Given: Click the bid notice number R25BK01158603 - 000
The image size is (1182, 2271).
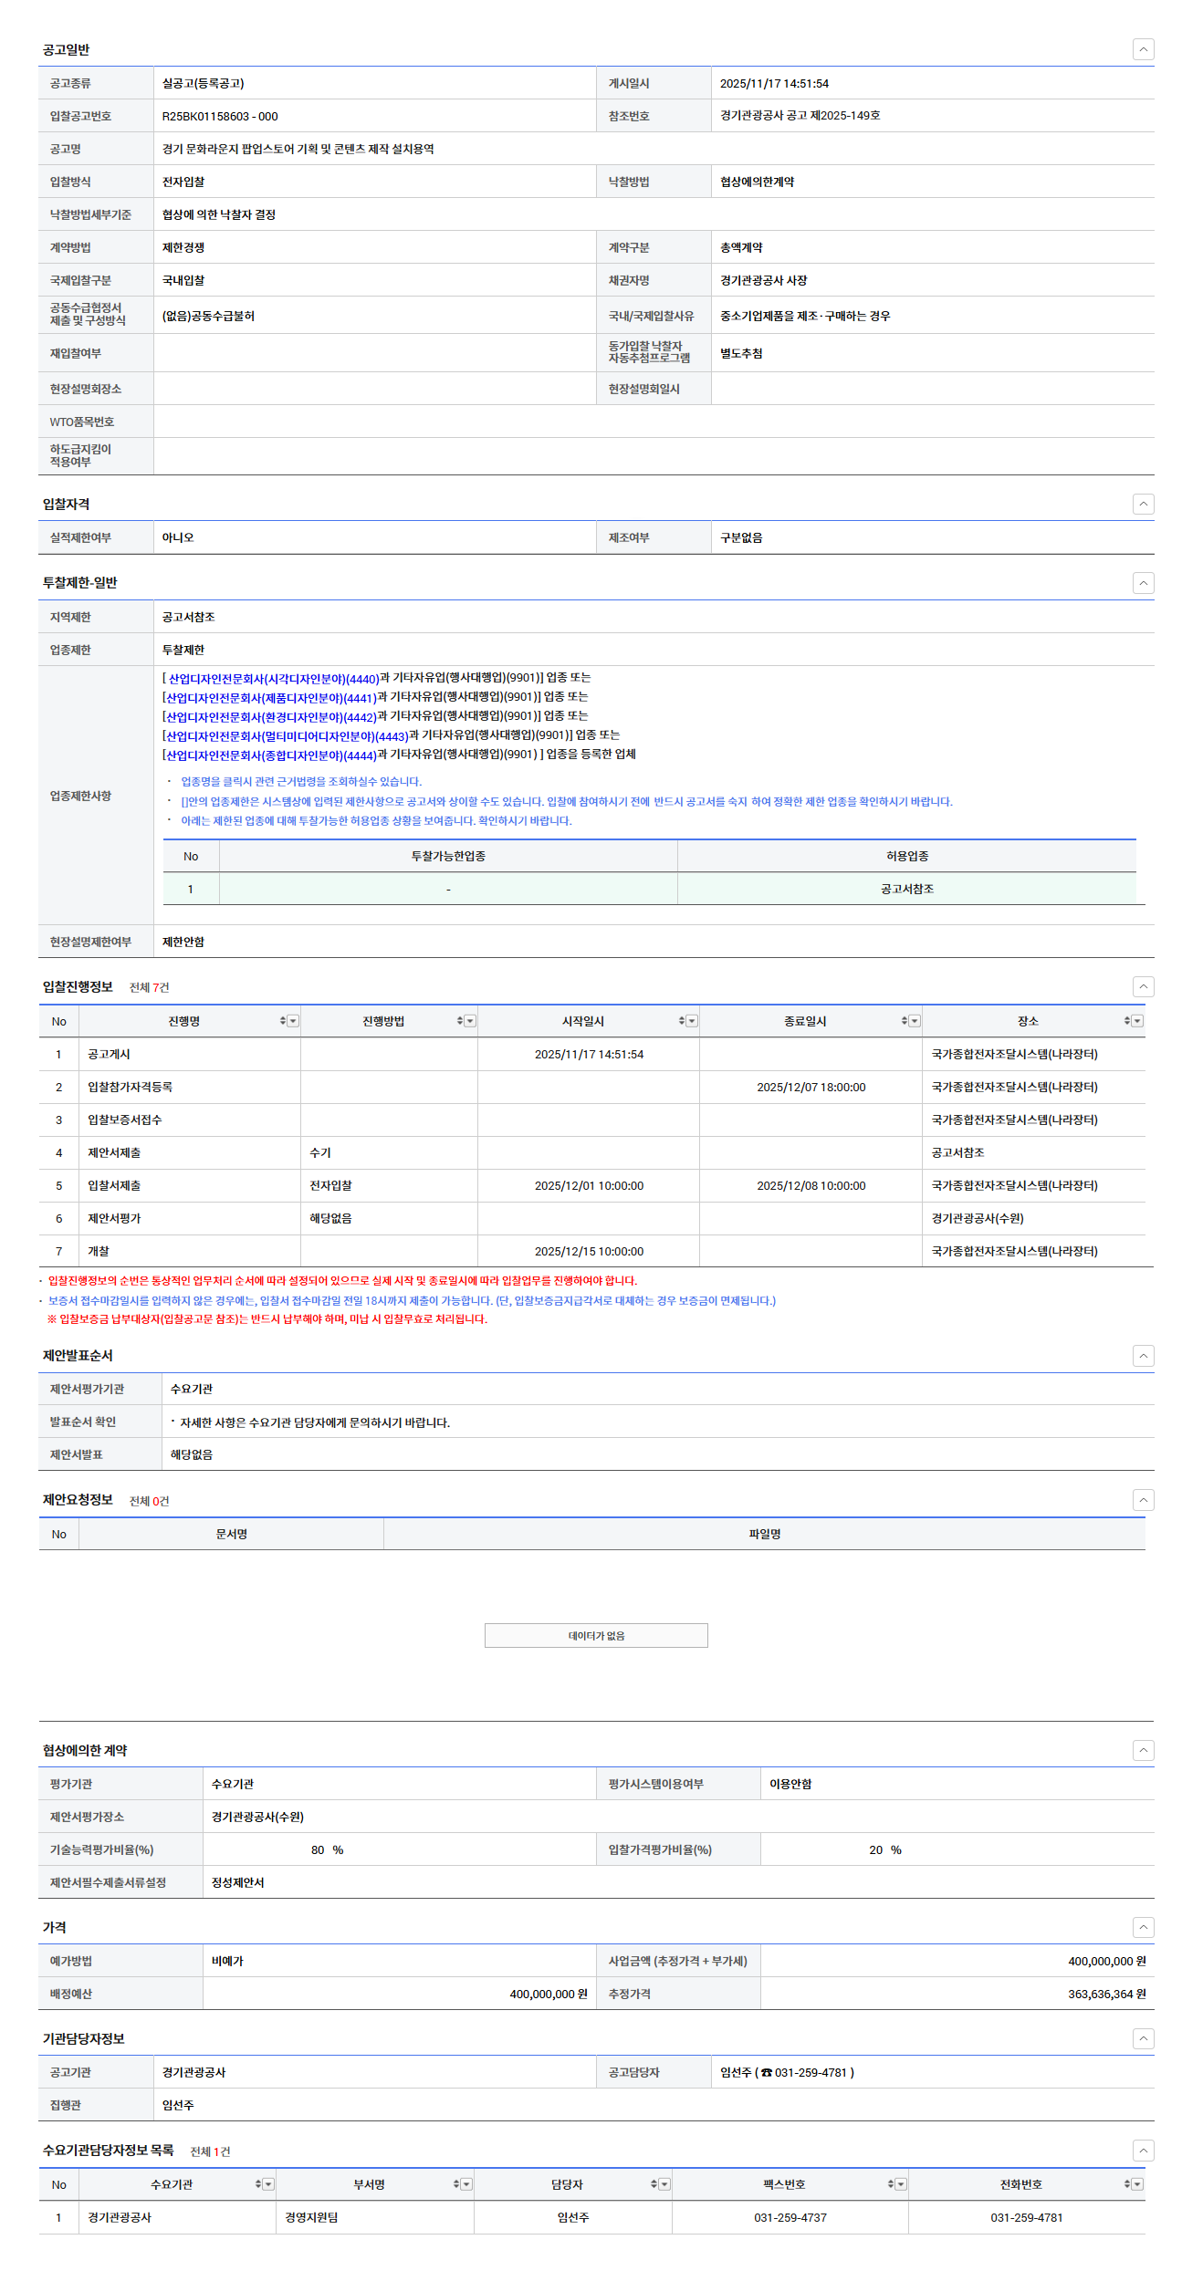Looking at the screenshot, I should [x=220, y=117].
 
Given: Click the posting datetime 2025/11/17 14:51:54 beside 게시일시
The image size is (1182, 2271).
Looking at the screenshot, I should [x=774, y=84].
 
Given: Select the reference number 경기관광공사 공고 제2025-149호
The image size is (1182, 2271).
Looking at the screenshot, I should [x=800, y=116].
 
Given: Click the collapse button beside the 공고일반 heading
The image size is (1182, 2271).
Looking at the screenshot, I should [x=1143, y=49].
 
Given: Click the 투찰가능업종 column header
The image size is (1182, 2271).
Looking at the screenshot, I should [x=448, y=857].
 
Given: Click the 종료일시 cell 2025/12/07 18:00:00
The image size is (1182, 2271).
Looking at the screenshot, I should [x=811, y=1088].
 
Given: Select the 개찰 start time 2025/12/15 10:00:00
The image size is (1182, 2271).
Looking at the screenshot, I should [x=589, y=1252].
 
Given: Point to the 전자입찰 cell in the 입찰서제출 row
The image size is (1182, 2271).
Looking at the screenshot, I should [x=330, y=1186].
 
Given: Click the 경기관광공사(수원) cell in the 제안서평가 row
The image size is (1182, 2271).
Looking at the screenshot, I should [x=978, y=1219].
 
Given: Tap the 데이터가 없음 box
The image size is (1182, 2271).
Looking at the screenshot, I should [x=596, y=1636].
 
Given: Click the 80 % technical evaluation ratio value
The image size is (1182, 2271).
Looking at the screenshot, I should [x=327, y=1850].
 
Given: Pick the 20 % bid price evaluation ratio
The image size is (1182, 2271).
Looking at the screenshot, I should [x=884, y=1850].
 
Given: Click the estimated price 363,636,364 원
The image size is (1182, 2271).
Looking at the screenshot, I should [x=1106, y=1995].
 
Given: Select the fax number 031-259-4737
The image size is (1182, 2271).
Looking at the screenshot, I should [x=790, y=2218].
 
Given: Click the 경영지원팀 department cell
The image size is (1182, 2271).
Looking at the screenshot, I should [x=311, y=2218].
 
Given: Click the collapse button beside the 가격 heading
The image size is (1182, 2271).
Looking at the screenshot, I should [x=1143, y=1927].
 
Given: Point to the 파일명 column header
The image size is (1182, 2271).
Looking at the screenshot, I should [x=764, y=1535].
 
